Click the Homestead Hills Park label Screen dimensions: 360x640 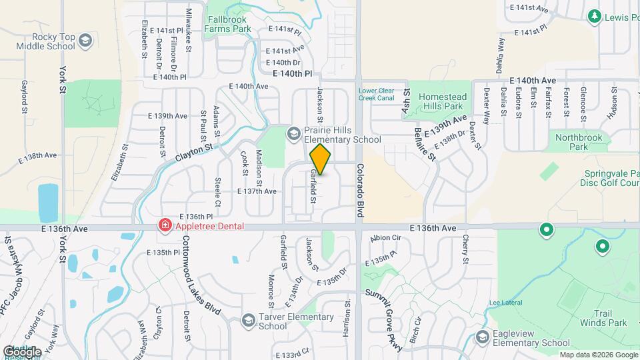point(443,101)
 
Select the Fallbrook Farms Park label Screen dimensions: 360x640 point(228,24)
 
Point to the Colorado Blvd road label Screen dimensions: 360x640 point(360,191)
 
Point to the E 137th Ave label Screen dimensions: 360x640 point(257,191)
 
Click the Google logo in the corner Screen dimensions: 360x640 point(22,351)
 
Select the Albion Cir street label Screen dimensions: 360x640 point(386,238)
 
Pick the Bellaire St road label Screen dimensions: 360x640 point(424,143)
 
